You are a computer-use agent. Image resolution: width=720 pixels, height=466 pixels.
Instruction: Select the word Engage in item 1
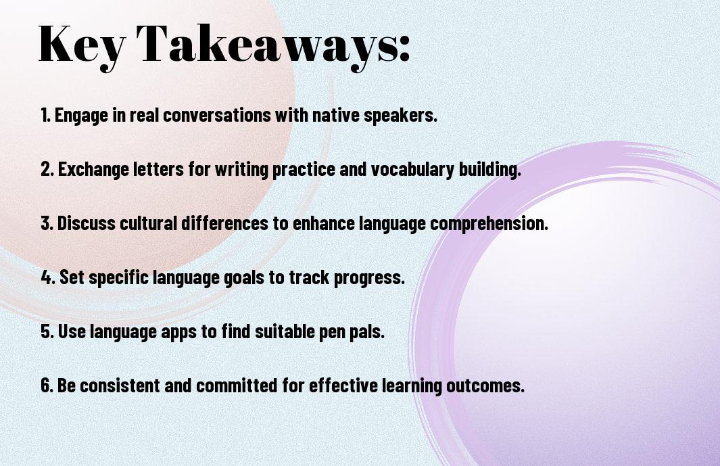81,116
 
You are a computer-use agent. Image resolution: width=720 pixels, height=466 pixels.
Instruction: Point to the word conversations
217,115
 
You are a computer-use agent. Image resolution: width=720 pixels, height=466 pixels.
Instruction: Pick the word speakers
400,116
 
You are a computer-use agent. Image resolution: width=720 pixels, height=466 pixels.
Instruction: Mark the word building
490,169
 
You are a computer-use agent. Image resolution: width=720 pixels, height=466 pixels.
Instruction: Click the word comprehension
489,223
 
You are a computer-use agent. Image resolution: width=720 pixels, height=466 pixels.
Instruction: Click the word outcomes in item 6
485,386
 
